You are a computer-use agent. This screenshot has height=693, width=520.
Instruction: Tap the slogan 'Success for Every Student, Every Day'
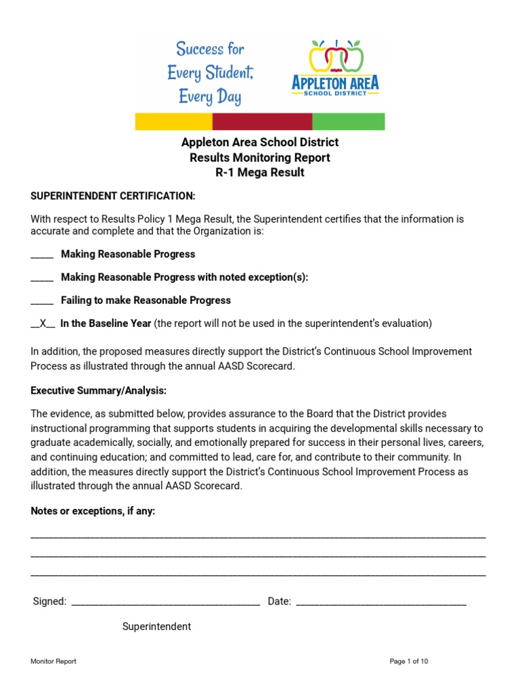coord(210,72)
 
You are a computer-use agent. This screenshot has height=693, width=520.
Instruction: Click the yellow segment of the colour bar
coord(174,122)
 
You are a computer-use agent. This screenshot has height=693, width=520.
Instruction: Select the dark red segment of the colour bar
coord(262,122)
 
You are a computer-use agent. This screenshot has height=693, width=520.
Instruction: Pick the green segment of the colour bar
coord(348,122)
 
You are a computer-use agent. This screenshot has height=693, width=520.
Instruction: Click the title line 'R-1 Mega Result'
coord(260,173)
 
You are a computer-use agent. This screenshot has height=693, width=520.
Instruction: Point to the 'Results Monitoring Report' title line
coord(260,158)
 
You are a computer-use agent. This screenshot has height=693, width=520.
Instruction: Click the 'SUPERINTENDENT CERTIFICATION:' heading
coord(113,196)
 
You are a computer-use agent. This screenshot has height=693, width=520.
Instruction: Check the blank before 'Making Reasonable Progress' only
coord(42,255)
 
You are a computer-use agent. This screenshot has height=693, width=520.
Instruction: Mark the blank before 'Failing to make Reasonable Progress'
coord(42,301)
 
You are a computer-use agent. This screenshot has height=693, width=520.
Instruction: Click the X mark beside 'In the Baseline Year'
coord(43,323)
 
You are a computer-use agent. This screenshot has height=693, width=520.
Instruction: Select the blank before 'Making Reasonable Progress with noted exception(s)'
coord(42,278)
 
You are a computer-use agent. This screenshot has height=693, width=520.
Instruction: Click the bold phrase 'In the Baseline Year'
coord(106,323)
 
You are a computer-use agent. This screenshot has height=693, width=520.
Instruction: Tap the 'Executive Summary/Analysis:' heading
coord(99,391)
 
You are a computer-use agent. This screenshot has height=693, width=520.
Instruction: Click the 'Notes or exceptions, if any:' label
coord(93,511)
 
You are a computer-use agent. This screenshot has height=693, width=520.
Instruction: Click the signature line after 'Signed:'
coord(165,602)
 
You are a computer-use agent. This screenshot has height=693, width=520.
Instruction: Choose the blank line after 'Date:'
coord(381,602)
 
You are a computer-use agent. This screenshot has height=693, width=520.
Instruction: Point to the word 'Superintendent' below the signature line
coord(156,627)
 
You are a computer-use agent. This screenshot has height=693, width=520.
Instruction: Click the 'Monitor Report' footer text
coord(53,661)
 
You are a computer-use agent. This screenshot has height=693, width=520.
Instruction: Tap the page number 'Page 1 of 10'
coord(409,661)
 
